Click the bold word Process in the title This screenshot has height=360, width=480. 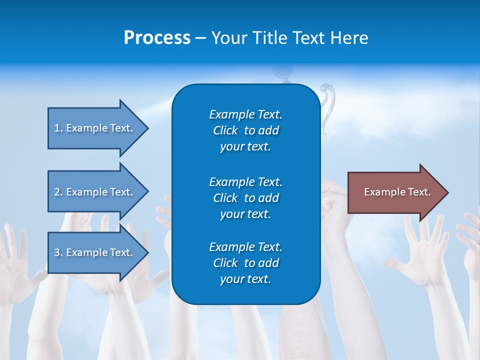[157, 38]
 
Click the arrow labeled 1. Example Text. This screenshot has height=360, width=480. [95, 128]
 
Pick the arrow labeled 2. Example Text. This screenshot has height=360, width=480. [95, 192]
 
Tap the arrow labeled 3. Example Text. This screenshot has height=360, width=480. [95, 252]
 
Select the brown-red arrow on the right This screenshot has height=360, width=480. [395, 192]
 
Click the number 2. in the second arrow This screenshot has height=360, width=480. [58, 192]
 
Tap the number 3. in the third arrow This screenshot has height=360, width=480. [58, 252]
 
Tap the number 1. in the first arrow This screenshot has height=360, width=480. [58, 128]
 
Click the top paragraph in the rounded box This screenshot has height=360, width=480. [245, 130]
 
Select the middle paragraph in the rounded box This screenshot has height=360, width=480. [245, 198]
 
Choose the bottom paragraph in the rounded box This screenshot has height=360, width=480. [245, 263]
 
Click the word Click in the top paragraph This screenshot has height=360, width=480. [225, 130]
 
